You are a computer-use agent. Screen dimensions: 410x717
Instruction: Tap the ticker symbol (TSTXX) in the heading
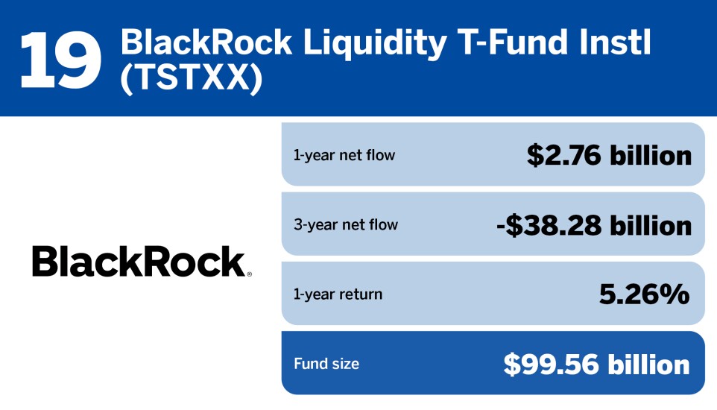[x=192, y=78]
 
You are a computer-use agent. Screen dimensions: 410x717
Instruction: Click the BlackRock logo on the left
[x=139, y=262]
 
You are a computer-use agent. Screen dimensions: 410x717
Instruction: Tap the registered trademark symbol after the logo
[x=249, y=274]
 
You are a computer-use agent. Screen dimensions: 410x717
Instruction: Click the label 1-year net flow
[x=344, y=156]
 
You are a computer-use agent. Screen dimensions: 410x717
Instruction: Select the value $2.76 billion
[x=609, y=155]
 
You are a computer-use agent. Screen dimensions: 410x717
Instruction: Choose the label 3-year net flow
[x=346, y=225]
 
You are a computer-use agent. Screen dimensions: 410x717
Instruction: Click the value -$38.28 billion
[x=594, y=224]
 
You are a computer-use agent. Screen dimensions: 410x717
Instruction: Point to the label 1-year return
[x=338, y=294]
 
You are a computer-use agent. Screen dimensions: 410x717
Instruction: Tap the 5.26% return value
[x=645, y=294]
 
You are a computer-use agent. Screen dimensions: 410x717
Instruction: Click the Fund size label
[x=326, y=364]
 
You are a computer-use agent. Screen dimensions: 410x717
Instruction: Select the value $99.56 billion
[x=596, y=364]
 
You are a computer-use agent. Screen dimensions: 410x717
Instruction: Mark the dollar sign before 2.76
[x=534, y=155]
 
